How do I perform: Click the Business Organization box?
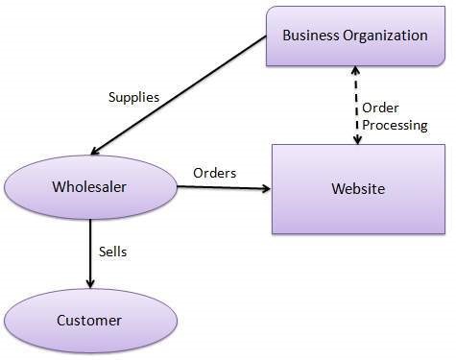tap(354, 36)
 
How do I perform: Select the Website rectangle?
tap(357, 189)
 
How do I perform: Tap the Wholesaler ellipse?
tap(91, 186)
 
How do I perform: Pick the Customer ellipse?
tap(90, 320)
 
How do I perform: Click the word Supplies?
tap(133, 97)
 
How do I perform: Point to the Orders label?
tap(215, 173)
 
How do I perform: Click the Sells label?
tap(113, 252)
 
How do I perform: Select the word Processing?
tap(394, 125)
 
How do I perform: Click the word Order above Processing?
tap(381, 108)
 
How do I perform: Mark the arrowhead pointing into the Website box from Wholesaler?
tap(266, 188)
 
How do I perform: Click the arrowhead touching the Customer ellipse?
tap(90, 283)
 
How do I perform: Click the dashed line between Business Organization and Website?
tap(357, 106)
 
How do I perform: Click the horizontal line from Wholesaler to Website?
tap(221, 188)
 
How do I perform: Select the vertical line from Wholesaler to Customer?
tap(90, 250)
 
